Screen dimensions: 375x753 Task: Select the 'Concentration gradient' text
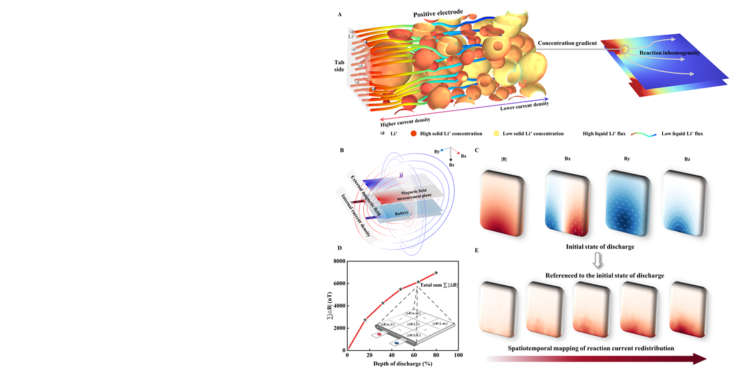[x=567, y=43]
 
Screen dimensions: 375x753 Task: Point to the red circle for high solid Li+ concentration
[x=413, y=134]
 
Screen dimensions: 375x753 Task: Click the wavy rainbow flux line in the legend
[x=644, y=134]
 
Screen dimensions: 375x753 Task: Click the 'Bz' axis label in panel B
[x=452, y=164]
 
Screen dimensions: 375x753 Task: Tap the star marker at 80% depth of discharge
[x=436, y=273]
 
